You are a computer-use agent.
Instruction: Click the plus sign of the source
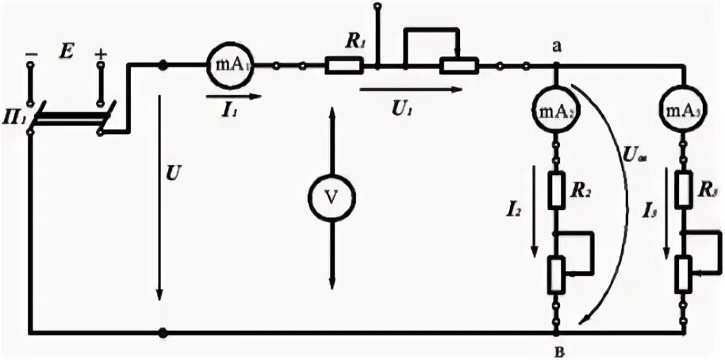tap(101, 53)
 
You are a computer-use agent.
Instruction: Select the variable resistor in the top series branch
tap(459, 66)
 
